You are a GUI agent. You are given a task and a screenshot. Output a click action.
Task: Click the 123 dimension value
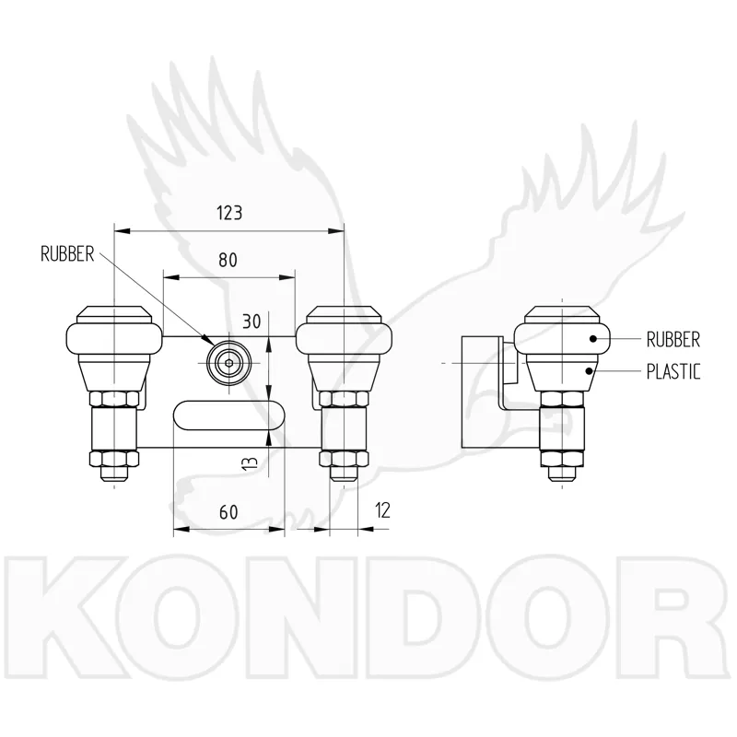click(229, 213)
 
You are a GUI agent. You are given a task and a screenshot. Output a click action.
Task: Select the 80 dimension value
click(228, 260)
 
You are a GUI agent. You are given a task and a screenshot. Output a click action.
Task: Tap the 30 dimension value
click(252, 322)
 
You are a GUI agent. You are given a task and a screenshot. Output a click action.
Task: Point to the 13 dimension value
click(252, 463)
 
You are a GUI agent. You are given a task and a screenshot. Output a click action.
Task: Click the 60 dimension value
click(228, 512)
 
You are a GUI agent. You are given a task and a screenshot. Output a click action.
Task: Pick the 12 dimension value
click(383, 510)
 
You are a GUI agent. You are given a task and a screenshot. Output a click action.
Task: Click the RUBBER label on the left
click(67, 254)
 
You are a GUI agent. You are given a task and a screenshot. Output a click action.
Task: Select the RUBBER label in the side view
click(673, 339)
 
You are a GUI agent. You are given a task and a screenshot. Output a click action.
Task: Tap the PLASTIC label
click(673, 372)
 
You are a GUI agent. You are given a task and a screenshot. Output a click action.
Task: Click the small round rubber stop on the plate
click(228, 363)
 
